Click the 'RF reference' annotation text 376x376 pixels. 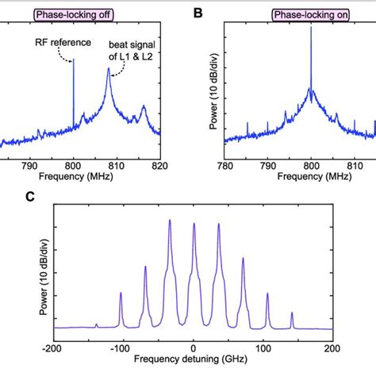59,45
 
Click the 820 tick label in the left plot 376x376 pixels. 159,166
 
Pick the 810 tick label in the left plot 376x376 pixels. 117,166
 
